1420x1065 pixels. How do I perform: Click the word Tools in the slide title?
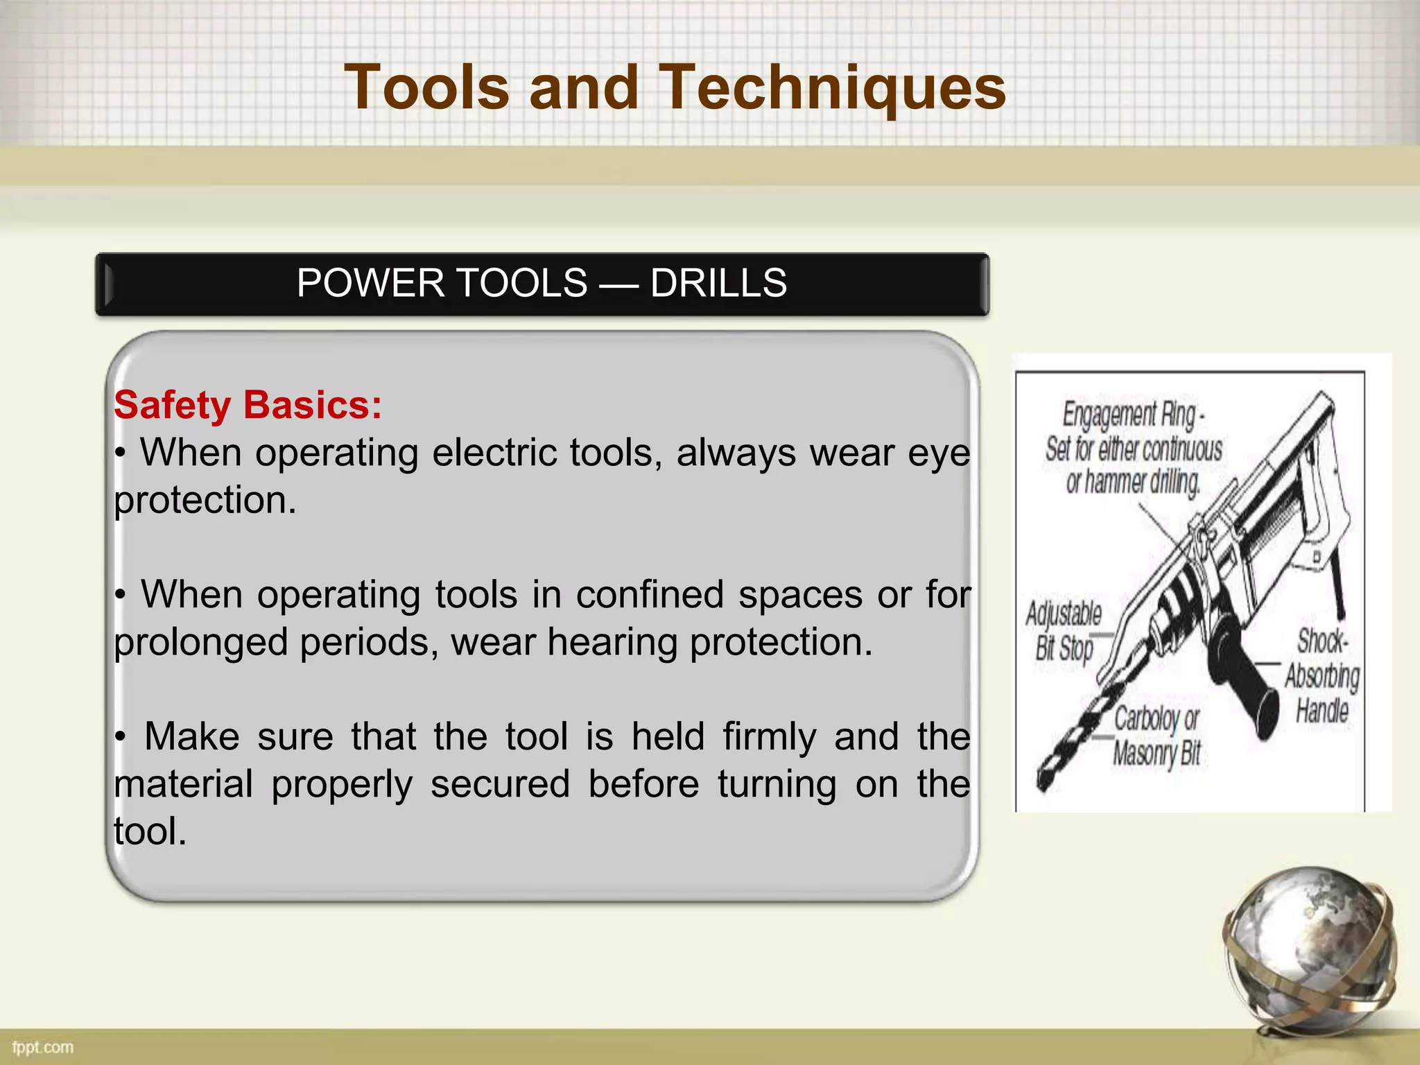[426, 88]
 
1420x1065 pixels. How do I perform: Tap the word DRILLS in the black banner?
[718, 284]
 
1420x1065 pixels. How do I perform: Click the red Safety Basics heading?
[248, 405]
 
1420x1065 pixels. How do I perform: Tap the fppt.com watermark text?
[42, 1048]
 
